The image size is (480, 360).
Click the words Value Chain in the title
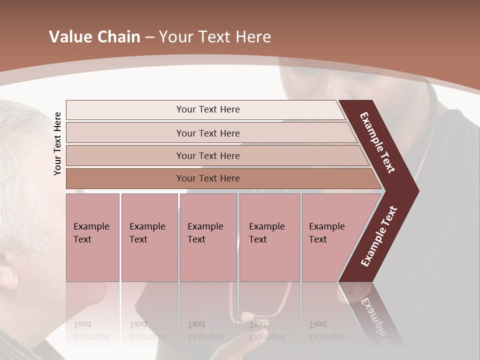tap(94, 37)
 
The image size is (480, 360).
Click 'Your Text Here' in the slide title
tap(214, 37)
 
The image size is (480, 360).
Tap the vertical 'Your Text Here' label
tap(57, 143)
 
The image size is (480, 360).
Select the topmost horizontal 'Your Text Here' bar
tap(207, 109)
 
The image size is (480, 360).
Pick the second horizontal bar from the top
tap(207, 133)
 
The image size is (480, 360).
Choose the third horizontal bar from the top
tap(207, 155)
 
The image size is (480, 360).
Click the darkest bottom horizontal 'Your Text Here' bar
tap(207, 178)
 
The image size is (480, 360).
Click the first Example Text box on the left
tap(92, 237)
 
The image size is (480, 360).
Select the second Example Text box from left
tap(149, 237)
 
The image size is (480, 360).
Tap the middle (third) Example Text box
tap(208, 237)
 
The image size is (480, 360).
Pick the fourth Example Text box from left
tap(269, 237)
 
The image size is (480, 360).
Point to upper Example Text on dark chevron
tap(377, 142)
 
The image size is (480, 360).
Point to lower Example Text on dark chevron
tap(379, 236)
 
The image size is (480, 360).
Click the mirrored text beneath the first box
tap(91, 330)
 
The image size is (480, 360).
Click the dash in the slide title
tap(149, 37)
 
